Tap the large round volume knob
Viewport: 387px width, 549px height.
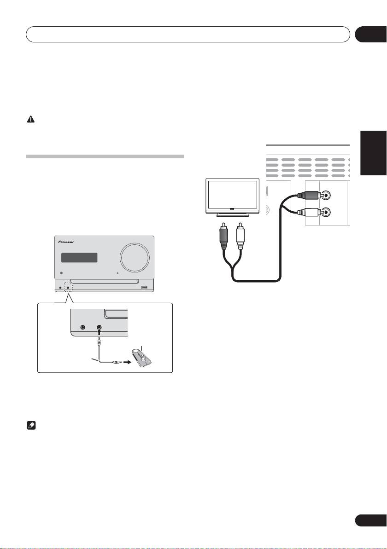[x=135, y=254]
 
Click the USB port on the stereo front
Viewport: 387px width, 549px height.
[x=145, y=288]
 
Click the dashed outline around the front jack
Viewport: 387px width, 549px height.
[x=68, y=288]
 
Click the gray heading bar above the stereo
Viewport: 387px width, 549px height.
[x=106, y=156]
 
